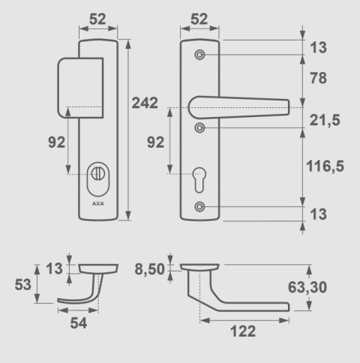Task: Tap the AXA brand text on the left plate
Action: [x=97, y=203]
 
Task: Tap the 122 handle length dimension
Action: [x=243, y=331]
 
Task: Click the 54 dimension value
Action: [x=79, y=323]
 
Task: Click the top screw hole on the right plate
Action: [x=199, y=55]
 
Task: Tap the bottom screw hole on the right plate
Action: [x=199, y=206]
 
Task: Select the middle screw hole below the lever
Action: [x=199, y=128]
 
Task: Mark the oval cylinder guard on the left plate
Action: [x=97, y=174]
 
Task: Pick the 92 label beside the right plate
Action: [x=155, y=142]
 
